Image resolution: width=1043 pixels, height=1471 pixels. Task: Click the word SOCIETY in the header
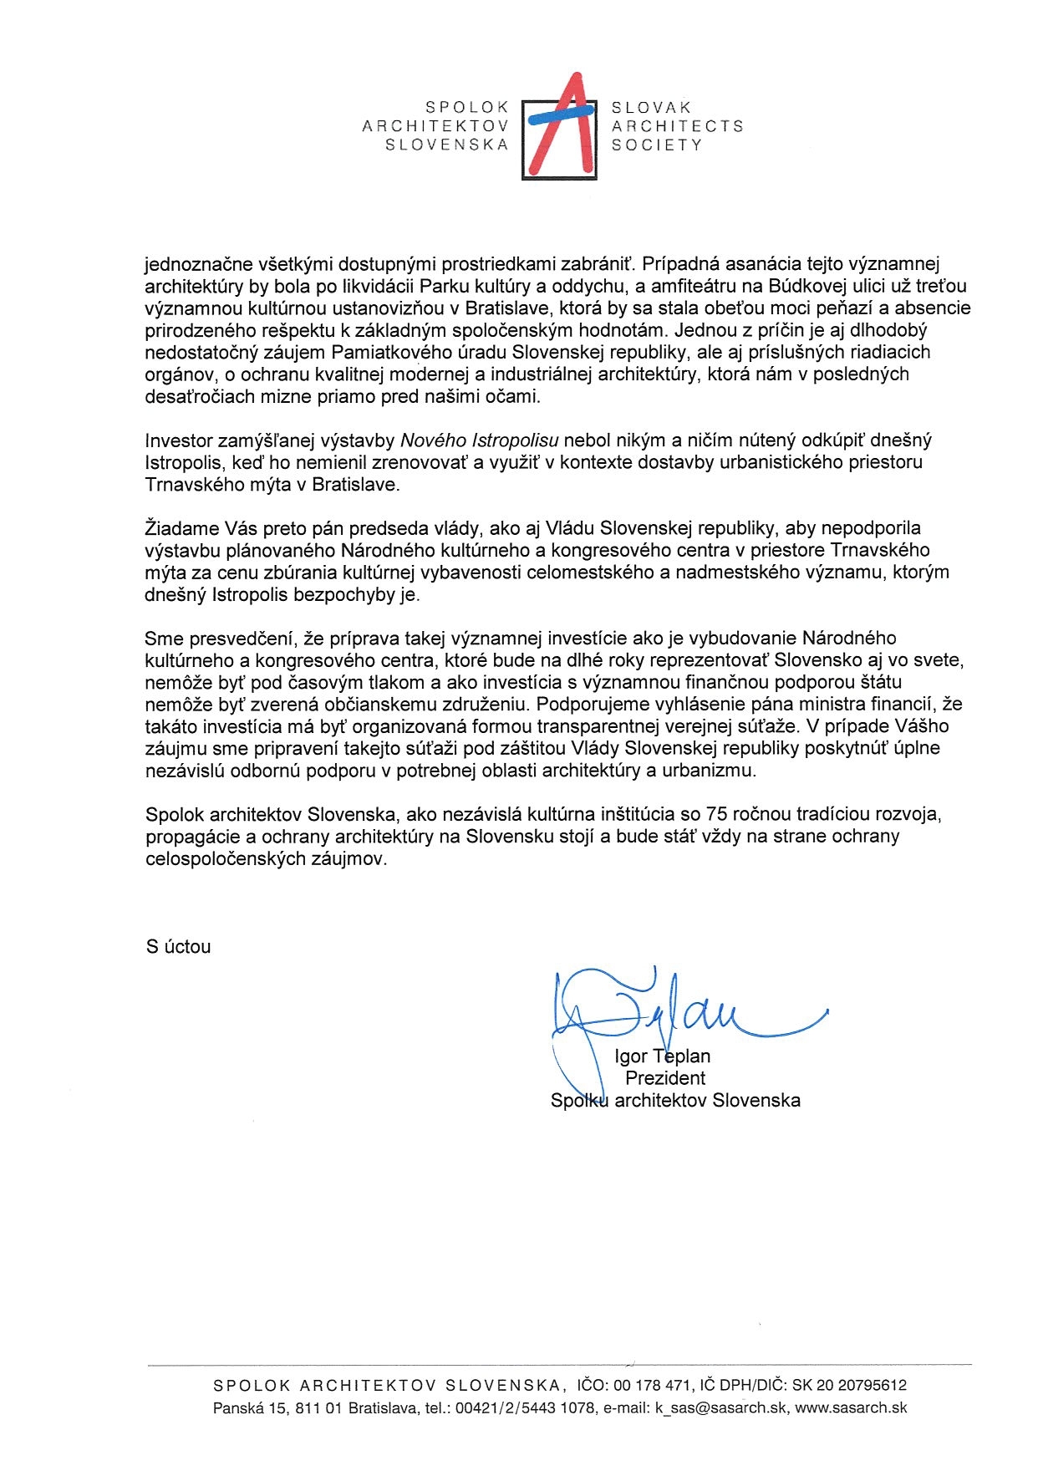[656, 145]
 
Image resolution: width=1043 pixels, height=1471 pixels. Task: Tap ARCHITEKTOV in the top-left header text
[435, 125]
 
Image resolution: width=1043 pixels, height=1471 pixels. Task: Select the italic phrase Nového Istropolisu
[479, 440]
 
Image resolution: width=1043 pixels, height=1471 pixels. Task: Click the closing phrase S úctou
[178, 947]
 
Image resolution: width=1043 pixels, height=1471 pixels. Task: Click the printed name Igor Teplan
[662, 1056]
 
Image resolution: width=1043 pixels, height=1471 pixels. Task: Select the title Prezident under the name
[665, 1078]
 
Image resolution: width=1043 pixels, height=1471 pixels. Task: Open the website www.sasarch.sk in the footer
[851, 1407]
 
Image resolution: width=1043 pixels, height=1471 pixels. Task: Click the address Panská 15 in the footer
[248, 1407]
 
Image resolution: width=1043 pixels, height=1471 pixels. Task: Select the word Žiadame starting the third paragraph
[182, 528]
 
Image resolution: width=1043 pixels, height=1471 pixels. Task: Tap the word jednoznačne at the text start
[198, 264]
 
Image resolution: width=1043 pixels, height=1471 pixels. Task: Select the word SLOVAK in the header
[652, 108]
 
